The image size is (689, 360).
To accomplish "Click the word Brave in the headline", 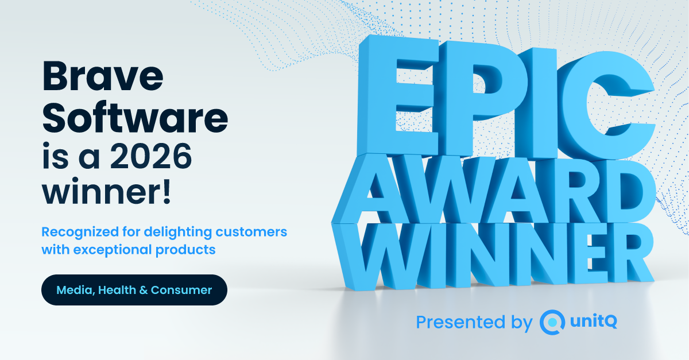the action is (x=103, y=76).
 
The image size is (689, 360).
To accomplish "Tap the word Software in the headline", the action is (x=135, y=117).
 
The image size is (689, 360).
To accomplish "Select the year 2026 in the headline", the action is (x=151, y=156).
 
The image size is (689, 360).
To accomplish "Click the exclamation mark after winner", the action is (x=167, y=191).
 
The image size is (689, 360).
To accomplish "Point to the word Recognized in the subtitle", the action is (x=80, y=233).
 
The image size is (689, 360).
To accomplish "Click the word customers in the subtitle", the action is (x=251, y=232).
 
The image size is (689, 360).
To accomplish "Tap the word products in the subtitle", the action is (x=185, y=250).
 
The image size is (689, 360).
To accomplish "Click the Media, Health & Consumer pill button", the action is (x=134, y=290).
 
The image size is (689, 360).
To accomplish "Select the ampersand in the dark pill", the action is (x=144, y=290).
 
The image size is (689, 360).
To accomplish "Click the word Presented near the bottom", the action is (x=460, y=322).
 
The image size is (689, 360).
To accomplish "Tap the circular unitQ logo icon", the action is (x=552, y=322).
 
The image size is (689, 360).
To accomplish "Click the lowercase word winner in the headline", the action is (x=102, y=191).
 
